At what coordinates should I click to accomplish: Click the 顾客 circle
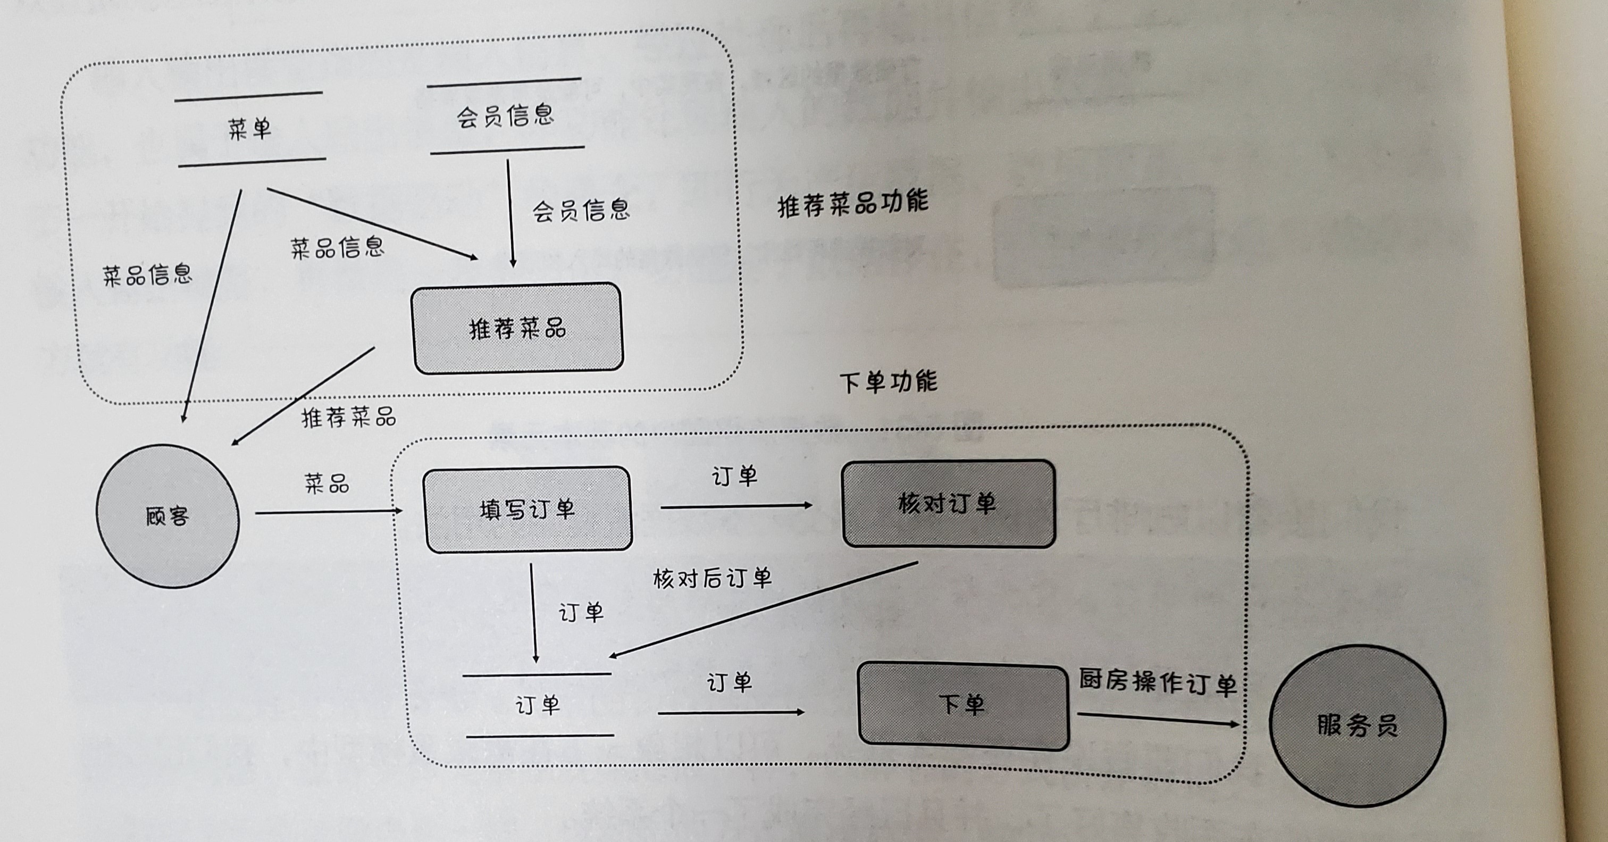point(167,516)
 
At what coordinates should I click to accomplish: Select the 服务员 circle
point(1357,726)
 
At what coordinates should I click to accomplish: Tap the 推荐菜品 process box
point(517,329)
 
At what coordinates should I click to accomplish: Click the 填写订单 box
point(527,510)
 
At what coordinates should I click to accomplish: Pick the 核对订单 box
point(948,504)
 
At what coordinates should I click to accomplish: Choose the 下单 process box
point(962,706)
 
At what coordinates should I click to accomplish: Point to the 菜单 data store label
point(250,129)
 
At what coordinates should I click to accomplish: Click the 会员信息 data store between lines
point(506,116)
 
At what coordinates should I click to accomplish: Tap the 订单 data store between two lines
point(538,706)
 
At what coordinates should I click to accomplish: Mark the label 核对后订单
point(712,578)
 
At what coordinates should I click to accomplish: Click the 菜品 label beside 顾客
point(326,483)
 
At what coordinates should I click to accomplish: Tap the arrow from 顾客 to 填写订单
point(328,512)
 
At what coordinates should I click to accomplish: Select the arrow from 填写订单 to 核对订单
point(736,506)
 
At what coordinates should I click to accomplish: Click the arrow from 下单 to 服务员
point(1158,719)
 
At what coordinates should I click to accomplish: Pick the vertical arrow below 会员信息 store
point(510,212)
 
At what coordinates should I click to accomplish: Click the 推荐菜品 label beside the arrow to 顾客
point(348,417)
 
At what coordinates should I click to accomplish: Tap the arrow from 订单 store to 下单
point(730,712)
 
